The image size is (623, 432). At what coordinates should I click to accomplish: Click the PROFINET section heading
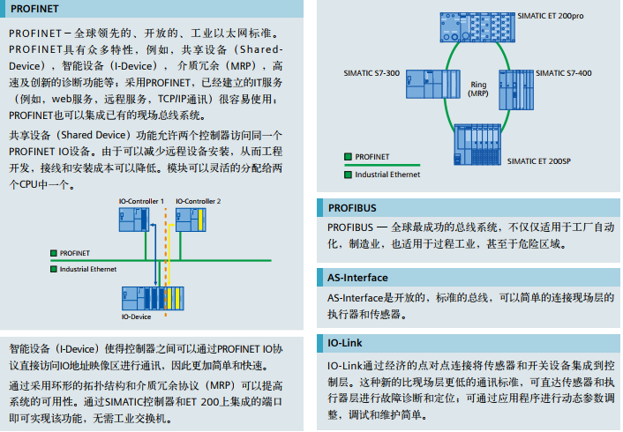point(34,9)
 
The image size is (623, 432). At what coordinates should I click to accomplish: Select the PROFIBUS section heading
point(352,208)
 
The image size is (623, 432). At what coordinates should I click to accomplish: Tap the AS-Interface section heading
point(357,278)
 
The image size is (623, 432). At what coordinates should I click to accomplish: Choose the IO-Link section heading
point(344,343)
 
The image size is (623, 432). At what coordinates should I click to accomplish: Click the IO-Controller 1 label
point(141,201)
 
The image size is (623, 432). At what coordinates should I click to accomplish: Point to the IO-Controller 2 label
point(199,201)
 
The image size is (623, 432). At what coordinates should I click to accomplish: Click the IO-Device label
point(136,317)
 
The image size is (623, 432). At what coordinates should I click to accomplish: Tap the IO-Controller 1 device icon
point(134,220)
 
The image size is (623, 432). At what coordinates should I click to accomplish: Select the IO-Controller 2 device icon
point(191,220)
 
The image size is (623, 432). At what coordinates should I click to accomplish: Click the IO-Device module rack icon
point(153,299)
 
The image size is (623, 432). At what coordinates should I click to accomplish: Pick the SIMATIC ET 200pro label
point(551,16)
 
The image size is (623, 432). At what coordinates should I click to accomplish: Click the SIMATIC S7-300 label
point(372,73)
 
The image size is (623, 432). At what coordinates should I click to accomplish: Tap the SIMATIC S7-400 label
point(563,73)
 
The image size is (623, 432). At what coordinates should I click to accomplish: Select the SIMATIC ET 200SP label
point(539,161)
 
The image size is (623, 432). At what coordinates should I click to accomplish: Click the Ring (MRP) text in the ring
point(478,89)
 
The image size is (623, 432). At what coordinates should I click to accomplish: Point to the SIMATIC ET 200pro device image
point(477,27)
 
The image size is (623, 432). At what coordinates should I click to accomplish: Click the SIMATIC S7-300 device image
point(433,84)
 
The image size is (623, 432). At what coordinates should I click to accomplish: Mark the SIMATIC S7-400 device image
point(516,90)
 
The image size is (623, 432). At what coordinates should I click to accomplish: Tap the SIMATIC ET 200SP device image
point(477,145)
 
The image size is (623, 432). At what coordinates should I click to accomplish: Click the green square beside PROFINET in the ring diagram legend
point(348,157)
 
